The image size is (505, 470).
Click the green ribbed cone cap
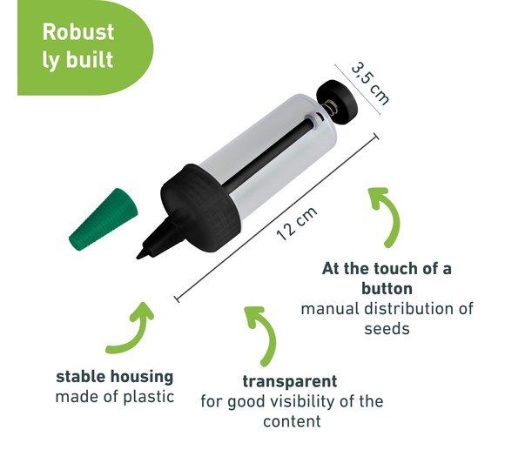point(103,219)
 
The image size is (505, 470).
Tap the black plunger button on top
point(337,102)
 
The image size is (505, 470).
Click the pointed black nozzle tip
point(140,257)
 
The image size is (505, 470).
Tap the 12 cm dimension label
point(297,224)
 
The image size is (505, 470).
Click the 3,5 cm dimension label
point(370,84)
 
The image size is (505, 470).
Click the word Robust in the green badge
point(78,32)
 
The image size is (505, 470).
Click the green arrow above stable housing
point(130,328)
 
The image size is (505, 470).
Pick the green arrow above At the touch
point(387,217)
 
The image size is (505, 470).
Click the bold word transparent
point(290,381)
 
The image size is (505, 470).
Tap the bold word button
point(387,288)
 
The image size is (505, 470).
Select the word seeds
point(387,329)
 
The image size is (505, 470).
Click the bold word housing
point(142,377)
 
